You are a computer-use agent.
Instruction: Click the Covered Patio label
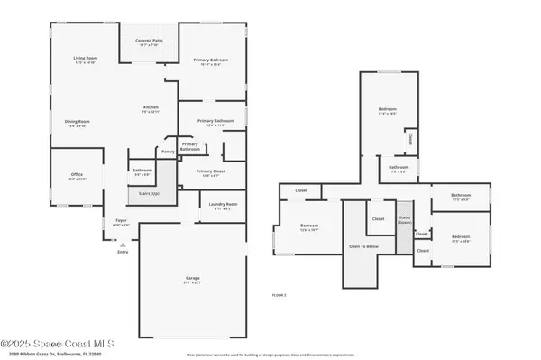point(149,42)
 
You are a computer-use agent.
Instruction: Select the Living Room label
point(85,60)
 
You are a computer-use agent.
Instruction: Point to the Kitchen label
point(151,109)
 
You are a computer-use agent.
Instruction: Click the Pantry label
point(168,152)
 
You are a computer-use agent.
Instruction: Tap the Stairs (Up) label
point(149,193)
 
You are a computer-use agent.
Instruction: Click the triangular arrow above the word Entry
point(123,242)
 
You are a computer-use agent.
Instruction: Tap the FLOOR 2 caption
point(280,295)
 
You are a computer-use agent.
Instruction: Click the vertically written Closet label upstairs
point(411,139)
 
